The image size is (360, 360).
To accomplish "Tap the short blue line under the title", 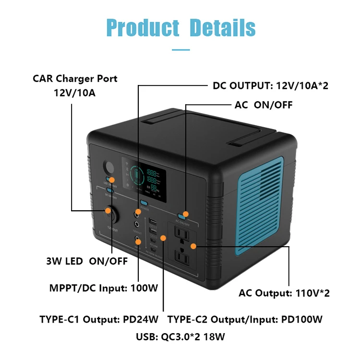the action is (x=180, y=48).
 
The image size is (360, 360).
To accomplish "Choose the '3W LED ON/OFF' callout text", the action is (x=87, y=261).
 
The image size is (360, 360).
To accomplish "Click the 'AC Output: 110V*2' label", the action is (x=284, y=293).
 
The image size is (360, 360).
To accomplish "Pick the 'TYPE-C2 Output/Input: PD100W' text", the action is (x=244, y=319).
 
